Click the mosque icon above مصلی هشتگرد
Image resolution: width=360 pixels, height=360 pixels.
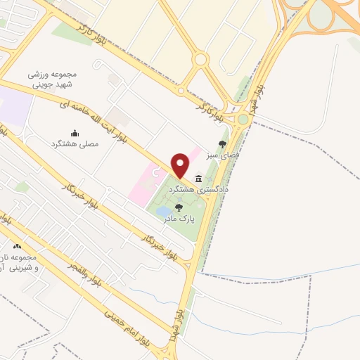[x=75, y=133]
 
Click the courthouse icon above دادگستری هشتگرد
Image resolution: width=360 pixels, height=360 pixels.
[x=199, y=178]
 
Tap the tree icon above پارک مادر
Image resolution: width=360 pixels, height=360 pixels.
[x=178, y=208]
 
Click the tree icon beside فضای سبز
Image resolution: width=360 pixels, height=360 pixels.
[x=222, y=144]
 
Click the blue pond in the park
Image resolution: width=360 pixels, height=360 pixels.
[x=162, y=212]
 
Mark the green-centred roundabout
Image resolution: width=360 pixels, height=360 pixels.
[x=243, y=119]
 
